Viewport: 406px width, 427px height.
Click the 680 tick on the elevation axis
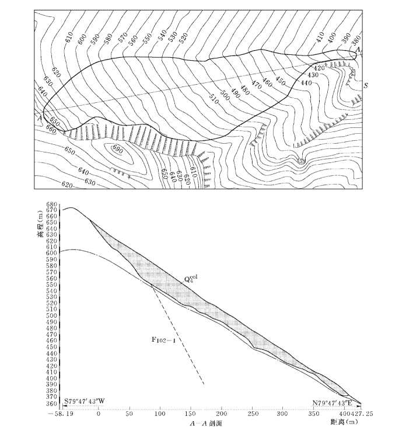[52, 204]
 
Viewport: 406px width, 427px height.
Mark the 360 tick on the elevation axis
[52, 403]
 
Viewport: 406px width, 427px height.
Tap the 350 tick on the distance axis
[314, 413]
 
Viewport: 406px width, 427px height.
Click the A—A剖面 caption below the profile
[204, 422]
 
